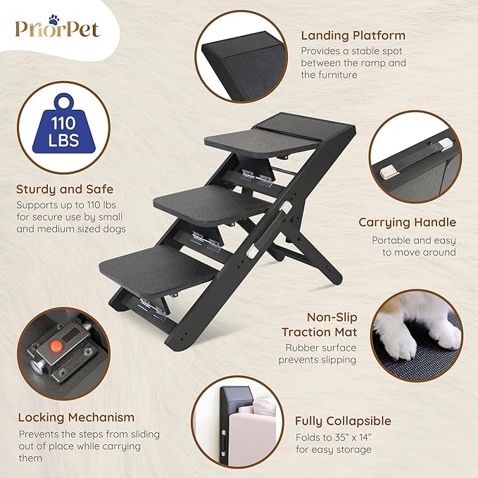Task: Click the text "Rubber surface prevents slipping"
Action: (321, 353)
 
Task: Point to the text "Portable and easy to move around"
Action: (413, 246)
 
